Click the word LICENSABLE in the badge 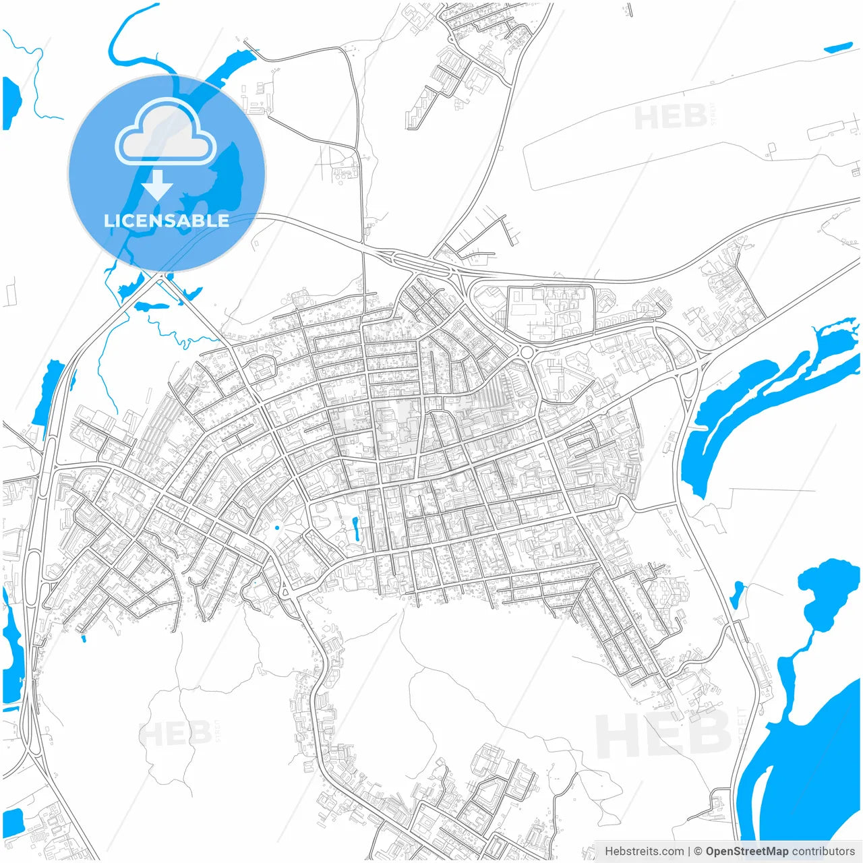166,220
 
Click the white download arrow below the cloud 157,185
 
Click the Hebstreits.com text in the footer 644,852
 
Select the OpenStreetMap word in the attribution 746,852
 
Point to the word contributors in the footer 823,852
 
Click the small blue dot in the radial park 277,528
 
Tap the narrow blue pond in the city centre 355,529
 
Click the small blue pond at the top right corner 838,48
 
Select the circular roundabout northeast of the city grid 527,353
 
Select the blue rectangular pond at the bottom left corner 13,821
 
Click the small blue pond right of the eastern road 737,593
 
